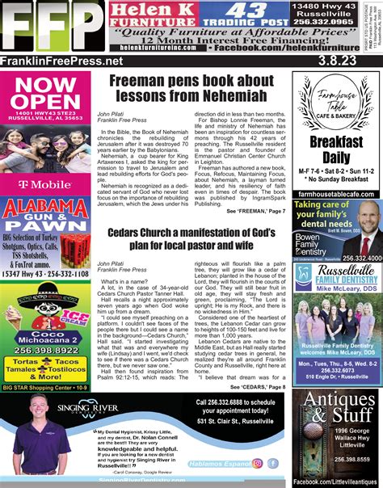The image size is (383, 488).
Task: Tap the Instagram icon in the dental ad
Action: point(258,463)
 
